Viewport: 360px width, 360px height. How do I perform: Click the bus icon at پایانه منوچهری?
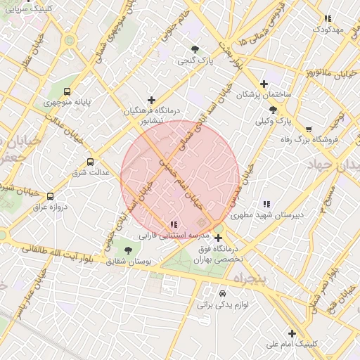click(x=67, y=91)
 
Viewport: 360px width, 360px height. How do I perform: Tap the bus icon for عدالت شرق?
click(x=89, y=162)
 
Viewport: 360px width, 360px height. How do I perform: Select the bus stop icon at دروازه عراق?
click(x=50, y=196)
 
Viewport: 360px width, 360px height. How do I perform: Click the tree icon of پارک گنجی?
click(x=195, y=49)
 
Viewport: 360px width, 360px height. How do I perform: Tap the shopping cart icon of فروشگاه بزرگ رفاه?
click(x=309, y=129)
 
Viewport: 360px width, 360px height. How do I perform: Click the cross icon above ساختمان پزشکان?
click(x=264, y=83)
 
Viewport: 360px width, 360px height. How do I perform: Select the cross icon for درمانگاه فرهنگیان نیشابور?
click(x=151, y=101)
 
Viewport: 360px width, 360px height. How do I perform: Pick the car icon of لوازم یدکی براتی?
click(x=223, y=293)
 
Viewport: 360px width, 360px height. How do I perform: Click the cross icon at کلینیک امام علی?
click(x=292, y=333)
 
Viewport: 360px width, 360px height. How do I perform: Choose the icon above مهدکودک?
click(x=327, y=18)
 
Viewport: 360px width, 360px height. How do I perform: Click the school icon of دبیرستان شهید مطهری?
click(x=266, y=204)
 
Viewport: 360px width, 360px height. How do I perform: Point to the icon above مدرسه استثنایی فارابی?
click(x=173, y=224)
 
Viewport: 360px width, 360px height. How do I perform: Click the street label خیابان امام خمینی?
click(x=181, y=184)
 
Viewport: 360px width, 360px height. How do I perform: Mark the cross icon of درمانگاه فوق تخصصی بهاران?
click(x=218, y=238)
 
